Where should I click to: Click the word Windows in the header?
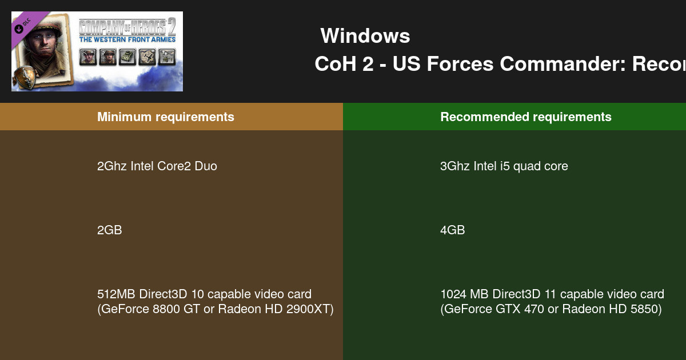(365, 36)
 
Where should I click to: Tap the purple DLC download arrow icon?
(19, 29)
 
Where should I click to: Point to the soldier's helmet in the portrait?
(38, 33)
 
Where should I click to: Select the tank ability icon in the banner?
(127, 56)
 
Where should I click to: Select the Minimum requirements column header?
(165, 117)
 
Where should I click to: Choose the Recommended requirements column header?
(525, 117)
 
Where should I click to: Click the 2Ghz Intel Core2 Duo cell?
(157, 166)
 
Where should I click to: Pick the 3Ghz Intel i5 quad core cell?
(504, 166)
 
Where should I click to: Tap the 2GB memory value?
(109, 230)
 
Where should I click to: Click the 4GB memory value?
(452, 230)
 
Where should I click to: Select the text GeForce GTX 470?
(492, 310)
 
